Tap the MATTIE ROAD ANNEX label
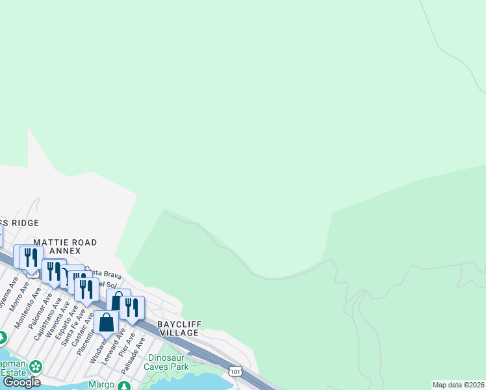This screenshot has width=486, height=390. coord(65,246)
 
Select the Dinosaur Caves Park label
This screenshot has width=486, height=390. coord(168,362)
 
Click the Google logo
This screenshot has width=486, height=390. coord(22,382)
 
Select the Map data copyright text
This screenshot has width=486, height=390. coord(459,385)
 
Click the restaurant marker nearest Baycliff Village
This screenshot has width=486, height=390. coord(133,307)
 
